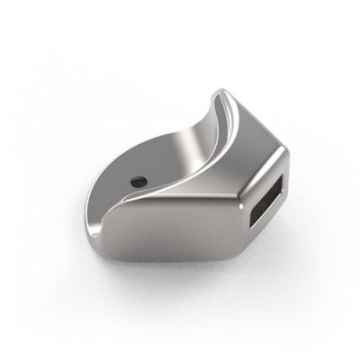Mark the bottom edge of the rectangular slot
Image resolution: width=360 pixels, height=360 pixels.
point(258,225)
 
